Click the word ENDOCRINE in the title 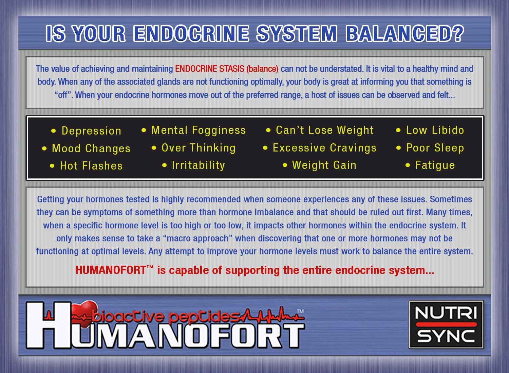(x=191, y=33)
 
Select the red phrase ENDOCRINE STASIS (x=209, y=69)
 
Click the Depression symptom (x=91, y=131)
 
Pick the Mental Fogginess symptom (x=199, y=130)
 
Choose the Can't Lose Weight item (x=324, y=130)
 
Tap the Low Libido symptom (x=435, y=130)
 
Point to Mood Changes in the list (x=91, y=148)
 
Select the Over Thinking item (x=199, y=148)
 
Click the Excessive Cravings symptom (x=324, y=148)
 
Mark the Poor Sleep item (x=435, y=148)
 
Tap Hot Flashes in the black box (x=91, y=166)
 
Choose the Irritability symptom (x=199, y=165)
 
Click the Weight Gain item (x=324, y=165)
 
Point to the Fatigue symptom (x=435, y=165)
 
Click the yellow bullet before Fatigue (x=408, y=165)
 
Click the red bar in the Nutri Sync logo (x=446, y=324)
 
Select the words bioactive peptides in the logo (x=166, y=316)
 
